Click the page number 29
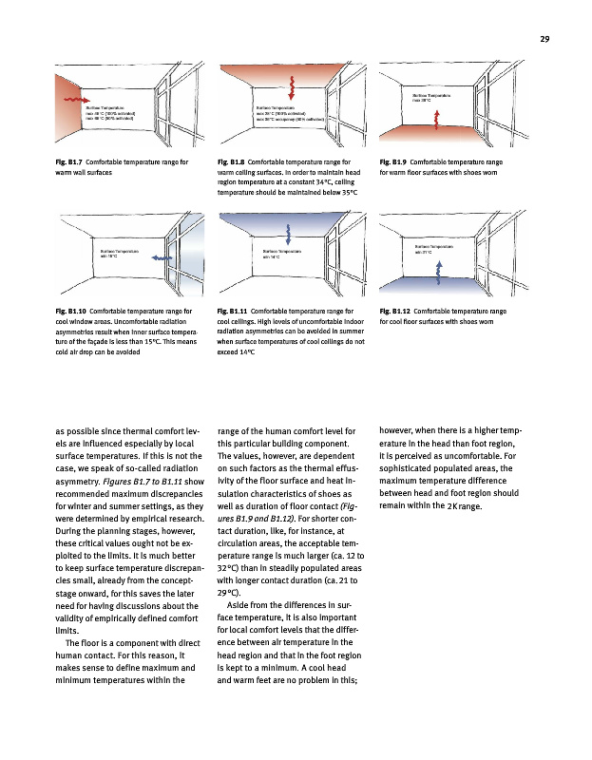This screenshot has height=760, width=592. click(545, 38)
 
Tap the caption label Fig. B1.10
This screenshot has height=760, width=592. click(72, 311)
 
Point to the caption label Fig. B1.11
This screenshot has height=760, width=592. click(234, 311)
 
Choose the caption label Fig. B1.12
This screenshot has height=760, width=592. click(395, 311)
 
